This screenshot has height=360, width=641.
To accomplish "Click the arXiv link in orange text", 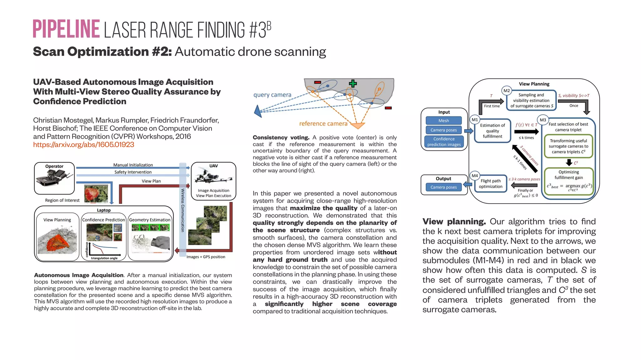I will pyautogui.click(x=84, y=145).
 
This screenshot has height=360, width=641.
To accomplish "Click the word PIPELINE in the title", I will pyautogui.click(x=66, y=29).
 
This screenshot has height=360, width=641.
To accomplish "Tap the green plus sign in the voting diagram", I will pyautogui.click(x=353, y=84).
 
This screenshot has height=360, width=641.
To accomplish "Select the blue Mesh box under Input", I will pyautogui.click(x=444, y=121).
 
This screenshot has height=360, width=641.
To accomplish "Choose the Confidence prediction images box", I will pyautogui.click(x=444, y=141).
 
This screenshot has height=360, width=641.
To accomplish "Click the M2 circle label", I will pyautogui.click(x=506, y=91).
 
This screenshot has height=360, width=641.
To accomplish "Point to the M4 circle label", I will pyautogui.click(x=475, y=176).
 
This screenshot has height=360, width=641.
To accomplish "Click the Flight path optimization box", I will pyautogui.click(x=490, y=183).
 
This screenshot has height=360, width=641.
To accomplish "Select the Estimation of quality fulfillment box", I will pyautogui.click(x=492, y=131).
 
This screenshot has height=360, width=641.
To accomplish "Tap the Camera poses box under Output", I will pyautogui.click(x=444, y=187).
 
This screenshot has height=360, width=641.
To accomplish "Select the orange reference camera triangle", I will pyautogui.click(x=357, y=126).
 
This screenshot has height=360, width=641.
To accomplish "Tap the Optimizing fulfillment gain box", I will pyautogui.click(x=569, y=181).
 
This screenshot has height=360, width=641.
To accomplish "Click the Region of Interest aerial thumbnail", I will pyautogui.click(x=96, y=193).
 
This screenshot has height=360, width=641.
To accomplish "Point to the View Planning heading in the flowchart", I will pyautogui.click(x=534, y=84).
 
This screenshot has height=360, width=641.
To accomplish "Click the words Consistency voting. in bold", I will pyautogui.click(x=281, y=137).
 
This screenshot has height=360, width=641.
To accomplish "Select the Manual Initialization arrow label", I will pyautogui.click(x=133, y=165).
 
